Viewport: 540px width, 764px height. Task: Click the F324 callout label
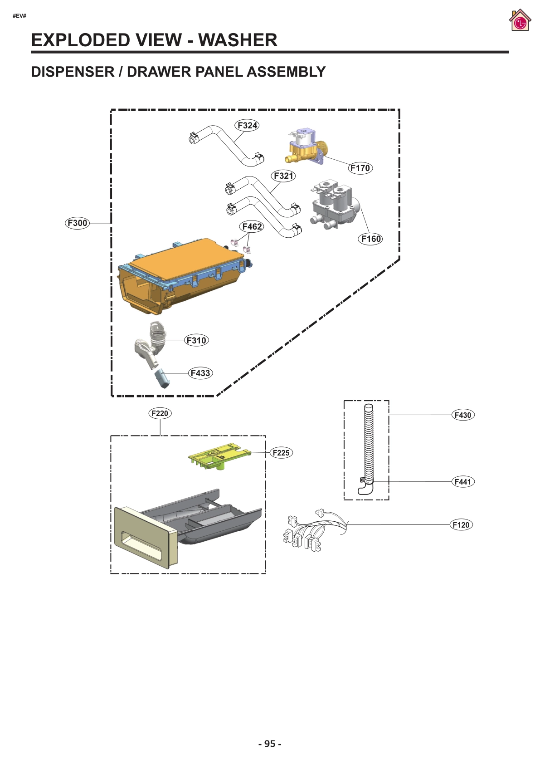pos(247,125)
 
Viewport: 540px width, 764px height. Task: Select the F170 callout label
pos(360,168)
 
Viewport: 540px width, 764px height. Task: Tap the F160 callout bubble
pos(370,239)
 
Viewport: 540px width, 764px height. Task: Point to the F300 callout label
pos(77,223)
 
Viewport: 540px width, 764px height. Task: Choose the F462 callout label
pos(252,226)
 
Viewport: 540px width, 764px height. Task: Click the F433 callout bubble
pos(200,373)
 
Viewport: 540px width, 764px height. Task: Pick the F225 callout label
pos(281,452)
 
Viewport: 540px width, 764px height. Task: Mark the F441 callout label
pos(463,481)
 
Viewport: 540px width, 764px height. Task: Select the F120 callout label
pos(461,524)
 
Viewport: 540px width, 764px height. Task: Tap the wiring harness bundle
pos(313,531)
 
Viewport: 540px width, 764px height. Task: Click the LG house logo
pos(520,20)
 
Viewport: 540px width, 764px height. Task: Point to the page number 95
pos(270,744)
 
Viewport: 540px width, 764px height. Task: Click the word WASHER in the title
pos(238,40)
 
